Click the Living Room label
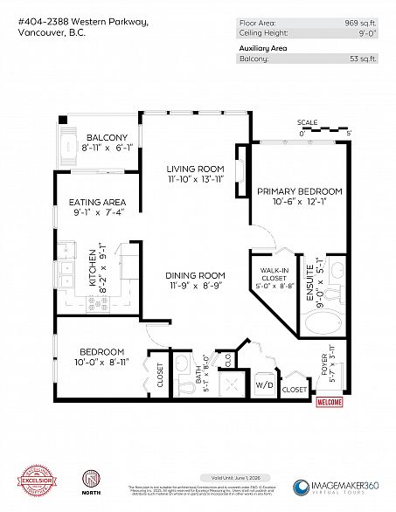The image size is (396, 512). (x=196, y=170)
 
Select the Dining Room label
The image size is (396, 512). (x=197, y=275)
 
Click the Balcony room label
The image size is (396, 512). (x=106, y=138)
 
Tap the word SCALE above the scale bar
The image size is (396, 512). (x=307, y=122)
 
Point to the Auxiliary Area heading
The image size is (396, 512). (x=263, y=49)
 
